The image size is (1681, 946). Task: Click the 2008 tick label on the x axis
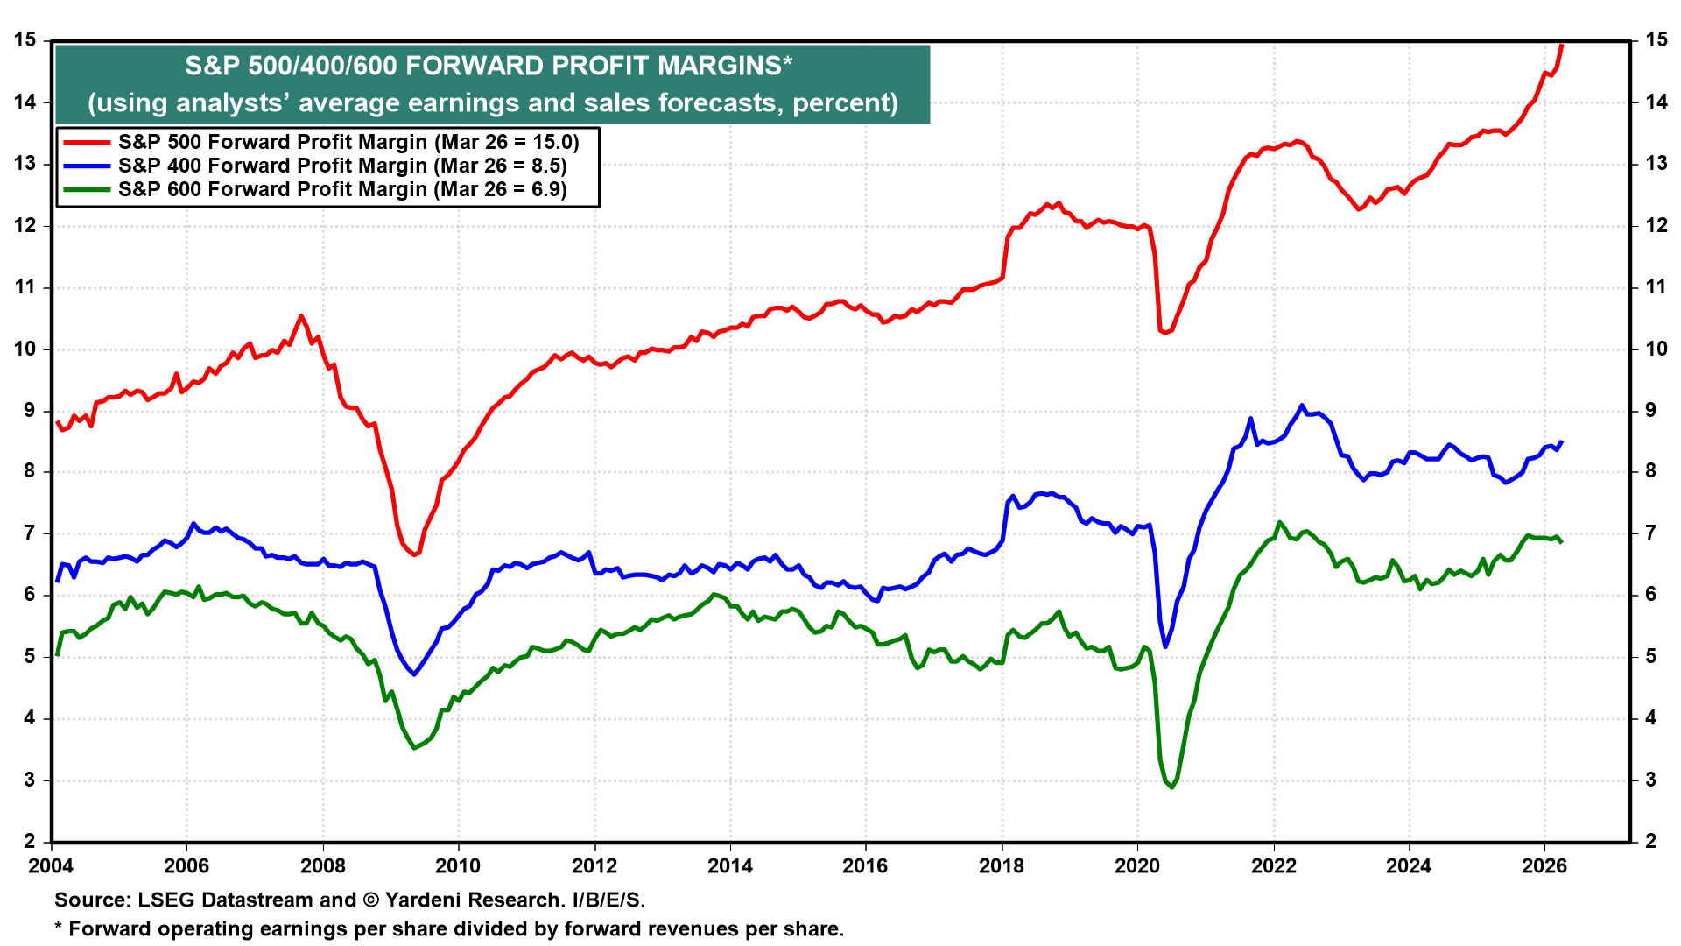[322, 866]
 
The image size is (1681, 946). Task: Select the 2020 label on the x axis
[1136, 866]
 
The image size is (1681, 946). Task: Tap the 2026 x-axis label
[1544, 866]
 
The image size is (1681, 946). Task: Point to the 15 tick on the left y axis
[25, 40]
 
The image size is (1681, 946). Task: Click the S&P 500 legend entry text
[348, 142]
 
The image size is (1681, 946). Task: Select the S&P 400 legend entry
[341, 166]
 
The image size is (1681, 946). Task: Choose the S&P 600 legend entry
[341, 189]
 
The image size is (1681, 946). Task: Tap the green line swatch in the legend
[86, 189]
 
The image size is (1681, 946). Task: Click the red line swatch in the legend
[86, 142]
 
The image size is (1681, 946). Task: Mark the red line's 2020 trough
[1164, 333]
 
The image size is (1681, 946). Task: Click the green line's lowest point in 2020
[1171, 787]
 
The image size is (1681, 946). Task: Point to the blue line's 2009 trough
[414, 674]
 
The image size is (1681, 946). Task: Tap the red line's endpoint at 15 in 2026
[1562, 44]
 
